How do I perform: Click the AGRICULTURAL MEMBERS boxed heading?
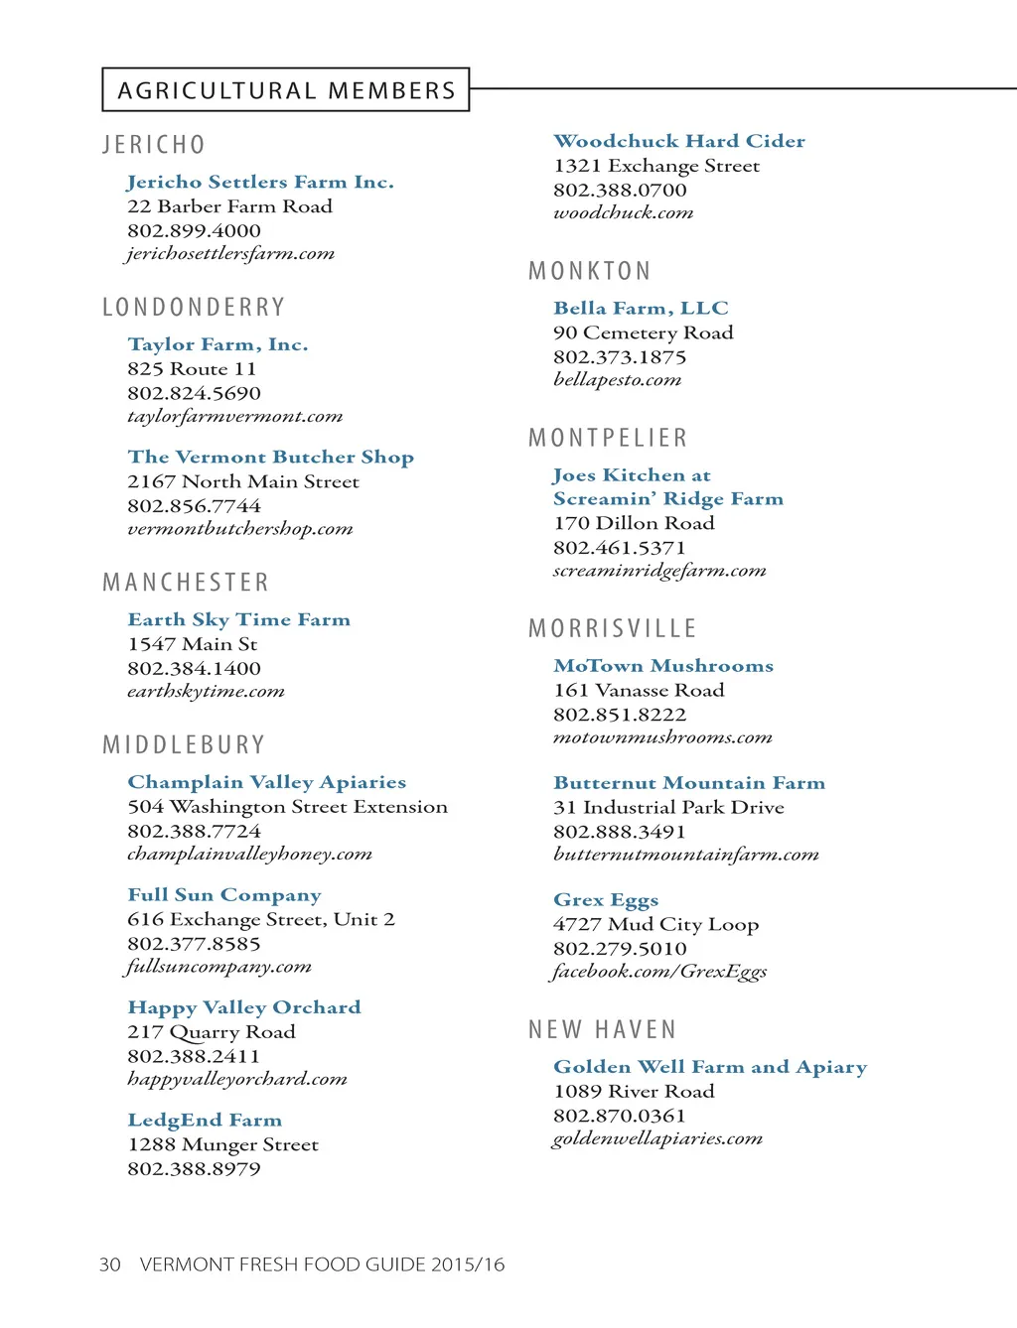tap(286, 90)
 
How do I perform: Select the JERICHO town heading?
tap(154, 145)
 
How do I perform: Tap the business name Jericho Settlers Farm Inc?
tap(260, 182)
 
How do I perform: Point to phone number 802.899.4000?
tap(194, 230)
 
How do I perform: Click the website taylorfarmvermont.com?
tap(234, 417)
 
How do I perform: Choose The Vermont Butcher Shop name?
tap(270, 457)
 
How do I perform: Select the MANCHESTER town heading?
tap(186, 583)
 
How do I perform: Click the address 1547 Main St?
tap(192, 644)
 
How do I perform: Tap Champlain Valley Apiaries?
tap(266, 782)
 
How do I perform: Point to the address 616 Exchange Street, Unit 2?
tap(260, 919)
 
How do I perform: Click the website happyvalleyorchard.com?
tap(236, 1079)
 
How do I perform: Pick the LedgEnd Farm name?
tap(205, 1120)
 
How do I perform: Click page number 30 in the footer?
tap(109, 1264)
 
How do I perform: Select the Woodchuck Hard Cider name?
tap(679, 141)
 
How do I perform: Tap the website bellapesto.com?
tap(617, 380)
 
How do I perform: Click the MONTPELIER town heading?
tap(608, 438)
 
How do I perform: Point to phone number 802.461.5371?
tap(619, 547)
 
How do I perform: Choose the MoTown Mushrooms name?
tap(663, 666)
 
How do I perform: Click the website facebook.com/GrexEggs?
tap(659, 972)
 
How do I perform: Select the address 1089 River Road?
tap(634, 1091)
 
